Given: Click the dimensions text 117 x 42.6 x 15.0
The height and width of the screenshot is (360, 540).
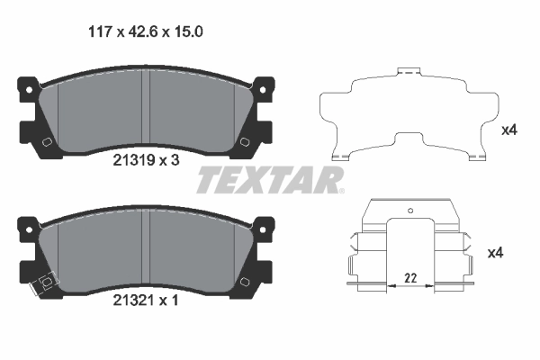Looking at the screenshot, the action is pos(146,32).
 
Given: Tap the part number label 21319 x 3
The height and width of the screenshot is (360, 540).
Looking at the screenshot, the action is pos(146,160).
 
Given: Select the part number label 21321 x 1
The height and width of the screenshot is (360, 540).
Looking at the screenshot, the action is pos(146,301).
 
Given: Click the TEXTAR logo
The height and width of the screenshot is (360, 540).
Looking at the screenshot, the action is pos(270,180).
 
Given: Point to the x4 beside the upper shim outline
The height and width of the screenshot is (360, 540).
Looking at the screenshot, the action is pos(509,130).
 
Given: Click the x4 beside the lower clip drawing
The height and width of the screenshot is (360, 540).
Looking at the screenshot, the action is pos(496,253).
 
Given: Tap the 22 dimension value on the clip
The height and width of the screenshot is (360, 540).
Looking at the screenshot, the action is pos(410,278).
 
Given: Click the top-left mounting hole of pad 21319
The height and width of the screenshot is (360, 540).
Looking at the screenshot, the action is pos(30,90).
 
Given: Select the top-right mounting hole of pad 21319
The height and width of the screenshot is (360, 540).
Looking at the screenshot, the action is pos(263,90).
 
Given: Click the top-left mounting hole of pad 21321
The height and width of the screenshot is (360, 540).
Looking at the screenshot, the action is pos(30,229).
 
